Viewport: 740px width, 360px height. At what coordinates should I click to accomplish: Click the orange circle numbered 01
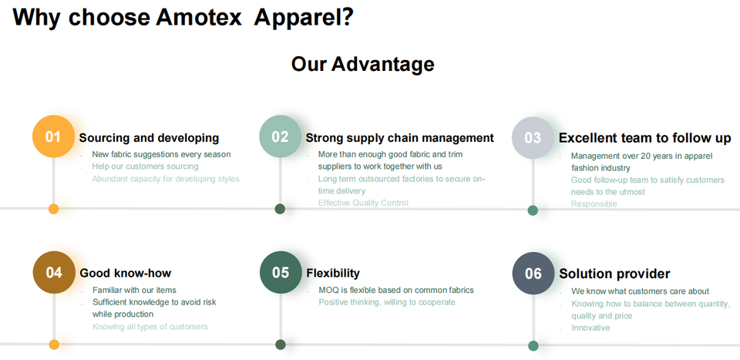53,136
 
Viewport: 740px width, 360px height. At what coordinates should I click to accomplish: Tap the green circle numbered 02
280,136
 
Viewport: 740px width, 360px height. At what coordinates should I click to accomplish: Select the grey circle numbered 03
533,138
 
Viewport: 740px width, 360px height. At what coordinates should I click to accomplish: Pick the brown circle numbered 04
54,272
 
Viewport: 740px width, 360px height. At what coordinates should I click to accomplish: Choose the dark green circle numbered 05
281,272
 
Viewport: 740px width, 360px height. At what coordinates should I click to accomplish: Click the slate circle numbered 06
533,273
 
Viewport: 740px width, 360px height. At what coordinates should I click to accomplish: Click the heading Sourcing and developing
149,138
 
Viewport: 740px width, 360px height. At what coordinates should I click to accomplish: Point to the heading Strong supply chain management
399,138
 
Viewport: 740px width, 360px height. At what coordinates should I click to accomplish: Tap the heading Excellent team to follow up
644,138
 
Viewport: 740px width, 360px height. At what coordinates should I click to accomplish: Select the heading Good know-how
125,273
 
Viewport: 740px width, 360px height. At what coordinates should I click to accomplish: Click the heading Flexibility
332,273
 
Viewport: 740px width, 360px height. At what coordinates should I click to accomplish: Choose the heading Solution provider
614,274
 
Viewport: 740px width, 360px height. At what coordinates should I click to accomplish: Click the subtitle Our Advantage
362,64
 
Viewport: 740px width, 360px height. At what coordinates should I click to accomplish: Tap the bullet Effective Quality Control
363,203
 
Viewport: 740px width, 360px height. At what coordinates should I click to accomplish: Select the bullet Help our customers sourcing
145,167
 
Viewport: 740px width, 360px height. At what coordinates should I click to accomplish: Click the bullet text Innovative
590,328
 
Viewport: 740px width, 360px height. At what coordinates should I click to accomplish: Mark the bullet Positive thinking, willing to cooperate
386,302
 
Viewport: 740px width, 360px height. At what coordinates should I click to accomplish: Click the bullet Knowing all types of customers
150,326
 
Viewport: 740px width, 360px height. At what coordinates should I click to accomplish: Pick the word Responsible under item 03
594,204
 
